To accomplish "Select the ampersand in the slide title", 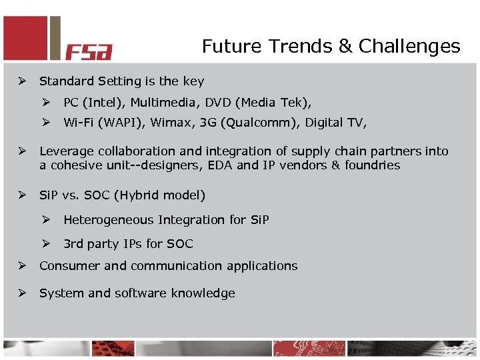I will (345, 47).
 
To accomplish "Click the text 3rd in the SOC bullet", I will (73, 244).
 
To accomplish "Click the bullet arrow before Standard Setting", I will (22, 81).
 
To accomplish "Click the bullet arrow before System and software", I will (22, 293).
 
